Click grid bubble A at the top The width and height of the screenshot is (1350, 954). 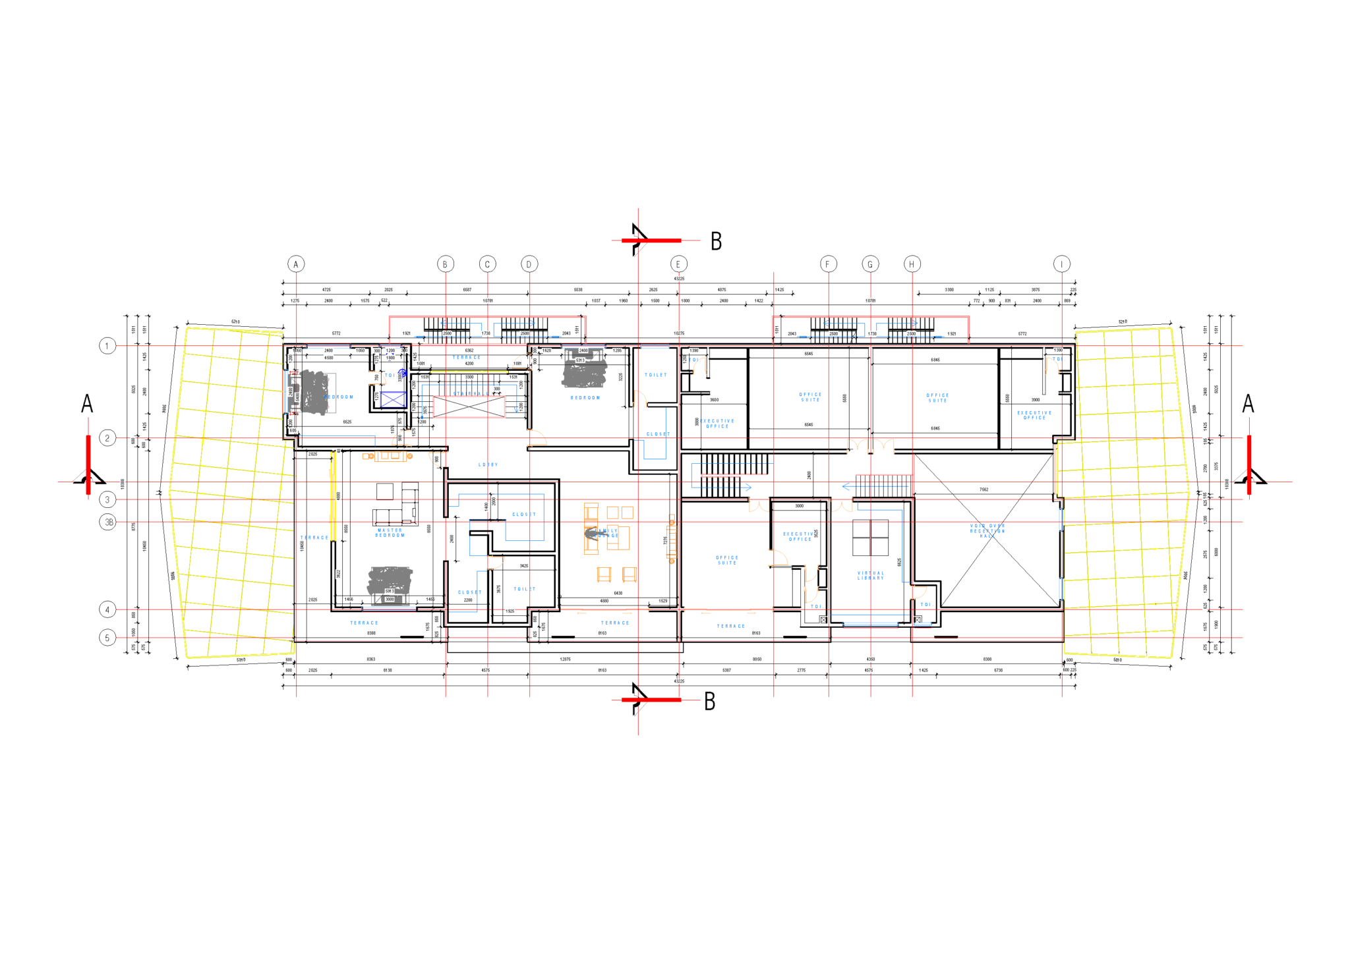(x=296, y=264)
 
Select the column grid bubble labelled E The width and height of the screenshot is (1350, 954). (x=678, y=264)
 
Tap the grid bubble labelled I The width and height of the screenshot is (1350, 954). (x=1061, y=264)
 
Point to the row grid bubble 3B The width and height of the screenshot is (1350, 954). (x=108, y=522)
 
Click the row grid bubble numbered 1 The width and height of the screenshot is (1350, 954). (x=107, y=346)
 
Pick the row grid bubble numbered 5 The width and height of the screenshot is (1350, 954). (x=107, y=638)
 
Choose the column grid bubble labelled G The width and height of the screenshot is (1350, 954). (x=870, y=264)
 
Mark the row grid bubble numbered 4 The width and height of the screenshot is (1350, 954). (x=107, y=610)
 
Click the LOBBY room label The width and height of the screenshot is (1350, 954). (x=488, y=465)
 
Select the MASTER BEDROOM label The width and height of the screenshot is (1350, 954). (x=390, y=532)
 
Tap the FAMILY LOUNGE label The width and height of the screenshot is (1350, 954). (x=607, y=533)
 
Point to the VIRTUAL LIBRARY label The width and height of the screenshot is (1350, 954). (x=871, y=575)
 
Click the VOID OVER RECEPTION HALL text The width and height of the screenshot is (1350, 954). (x=987, y=531)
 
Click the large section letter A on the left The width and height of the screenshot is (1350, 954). (x=87, y=404)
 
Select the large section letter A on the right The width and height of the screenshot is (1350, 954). (x=1248, y=404)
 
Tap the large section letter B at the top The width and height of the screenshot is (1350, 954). (x=717, y=241)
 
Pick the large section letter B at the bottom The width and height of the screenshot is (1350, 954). (x=710, y=701)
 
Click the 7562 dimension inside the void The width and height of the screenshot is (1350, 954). (x=983, y=490)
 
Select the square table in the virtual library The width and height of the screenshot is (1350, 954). (x=870, y=538)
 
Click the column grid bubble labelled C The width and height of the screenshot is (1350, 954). (x=487, y=264)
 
